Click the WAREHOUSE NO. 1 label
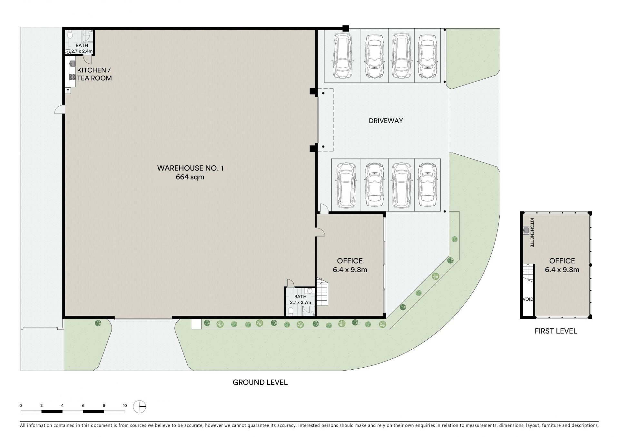pyautogui.click(x=190, y=168)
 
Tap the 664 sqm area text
pyautogui.click(x=190, y=177)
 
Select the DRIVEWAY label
pyautogui.click(x=386, y=121)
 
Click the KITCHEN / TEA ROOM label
pyautogui.click(x=94, y=74)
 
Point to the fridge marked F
pyautogui.click(x=68, y=91)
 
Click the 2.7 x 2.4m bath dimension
pyautogui.click(x=82, y=51)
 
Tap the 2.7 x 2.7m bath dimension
pyautogui.click(x=300, y=302)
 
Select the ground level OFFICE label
pyautogui.click(x=350, y=261)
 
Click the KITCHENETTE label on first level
pyautogui.click(x=532, y=233)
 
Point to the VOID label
pyautogui.click(x=528, y=299)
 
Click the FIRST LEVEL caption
pyautogui.click(x=556, y=331)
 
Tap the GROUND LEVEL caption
pyautogui.click(x=260, y=382)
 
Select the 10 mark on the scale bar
pyautogui.click(x=125, y=406)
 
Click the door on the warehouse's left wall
pyautogui.click(x=59, y=110)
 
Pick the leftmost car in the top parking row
pyautogui.click(x=342, y=55)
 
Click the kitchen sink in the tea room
pyautogui.click(x=72, y=64)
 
